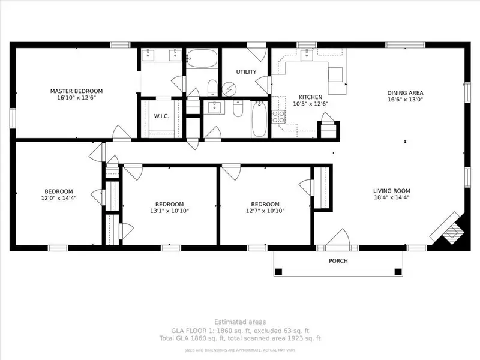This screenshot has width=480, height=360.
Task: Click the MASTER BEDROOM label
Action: click(76, 91)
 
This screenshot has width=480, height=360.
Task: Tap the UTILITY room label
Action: click(246, 71)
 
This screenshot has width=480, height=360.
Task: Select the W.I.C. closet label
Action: click(161, 116)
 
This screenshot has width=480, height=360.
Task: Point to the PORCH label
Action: click(338, 261)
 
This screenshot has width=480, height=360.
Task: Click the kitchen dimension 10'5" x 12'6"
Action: click(310, 104)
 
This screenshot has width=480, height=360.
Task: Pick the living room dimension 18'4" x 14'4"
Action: click(392, 197)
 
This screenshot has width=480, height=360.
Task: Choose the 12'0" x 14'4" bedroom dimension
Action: click(59, 198)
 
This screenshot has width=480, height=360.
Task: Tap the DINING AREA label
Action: click(406, 93)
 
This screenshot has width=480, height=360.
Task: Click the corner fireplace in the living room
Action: click(450, 230)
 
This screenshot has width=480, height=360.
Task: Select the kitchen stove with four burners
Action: click(278, 116)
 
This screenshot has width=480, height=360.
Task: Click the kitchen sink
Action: click(307, 55)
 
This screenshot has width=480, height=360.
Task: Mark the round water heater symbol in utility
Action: click(229, 89)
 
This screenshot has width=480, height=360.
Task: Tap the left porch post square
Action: click(278, 272)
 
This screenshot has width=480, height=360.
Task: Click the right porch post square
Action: click(398, 272)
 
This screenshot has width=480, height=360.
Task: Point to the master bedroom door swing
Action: click(122, 133)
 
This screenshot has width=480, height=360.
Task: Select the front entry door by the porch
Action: click(338, 239)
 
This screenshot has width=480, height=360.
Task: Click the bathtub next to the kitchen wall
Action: click(259, 119)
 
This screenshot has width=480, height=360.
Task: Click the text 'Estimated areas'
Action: click(240, 322)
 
